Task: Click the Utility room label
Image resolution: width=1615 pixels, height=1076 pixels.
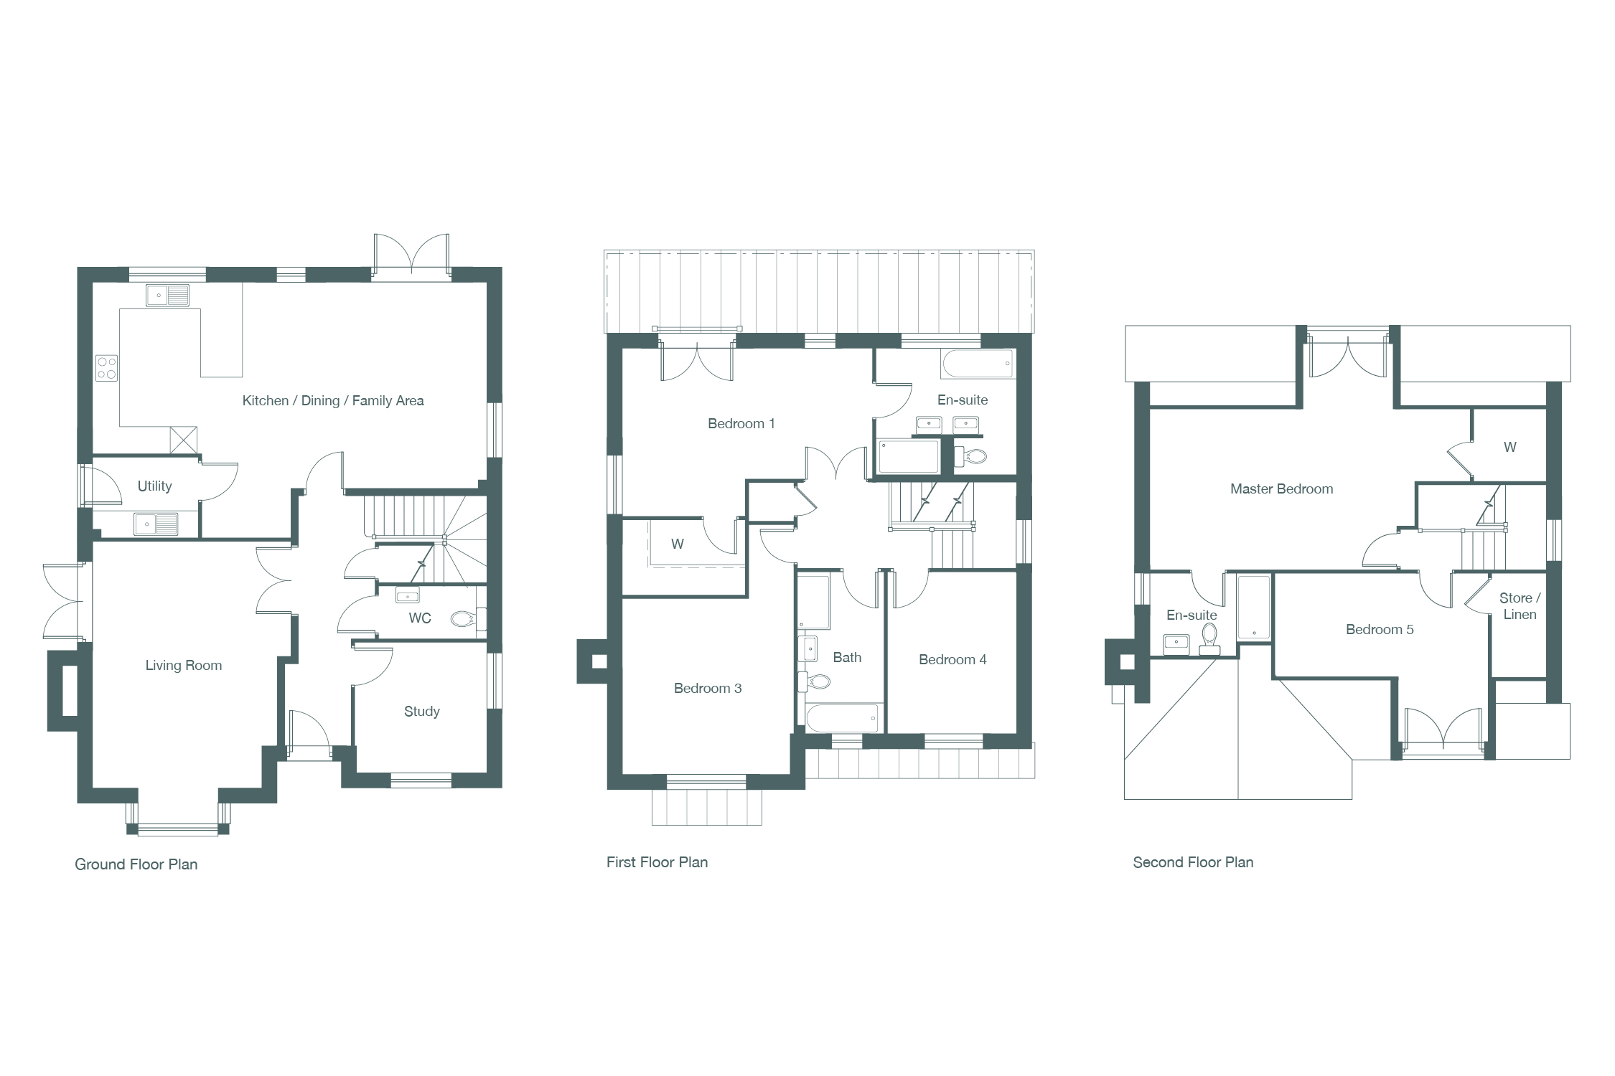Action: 154,486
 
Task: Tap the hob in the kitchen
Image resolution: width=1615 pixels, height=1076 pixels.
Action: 107,369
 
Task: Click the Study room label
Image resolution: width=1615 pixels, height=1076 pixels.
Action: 421,712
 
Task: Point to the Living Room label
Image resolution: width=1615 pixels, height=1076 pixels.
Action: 184,666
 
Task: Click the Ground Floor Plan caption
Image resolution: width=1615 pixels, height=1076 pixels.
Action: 136,864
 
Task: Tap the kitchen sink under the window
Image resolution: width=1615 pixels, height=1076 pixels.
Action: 168,296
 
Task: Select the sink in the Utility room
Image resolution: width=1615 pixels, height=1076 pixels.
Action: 156,524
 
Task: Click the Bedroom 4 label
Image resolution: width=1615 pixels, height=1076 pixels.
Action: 952,660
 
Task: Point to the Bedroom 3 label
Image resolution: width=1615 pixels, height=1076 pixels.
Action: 708,689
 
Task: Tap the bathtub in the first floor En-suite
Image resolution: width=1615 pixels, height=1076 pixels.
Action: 978,364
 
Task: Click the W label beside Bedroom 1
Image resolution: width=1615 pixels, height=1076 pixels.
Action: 678,544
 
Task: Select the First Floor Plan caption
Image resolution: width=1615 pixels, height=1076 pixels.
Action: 657,862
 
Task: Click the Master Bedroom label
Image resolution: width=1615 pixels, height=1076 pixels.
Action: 1281,489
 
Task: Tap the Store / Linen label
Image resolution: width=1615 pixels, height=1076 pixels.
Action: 1520,606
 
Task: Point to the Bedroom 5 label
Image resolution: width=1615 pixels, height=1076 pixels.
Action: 1380,630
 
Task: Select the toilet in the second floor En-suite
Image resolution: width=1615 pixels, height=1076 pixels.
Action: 1209,638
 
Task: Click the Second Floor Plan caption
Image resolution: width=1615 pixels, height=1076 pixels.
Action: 1193,862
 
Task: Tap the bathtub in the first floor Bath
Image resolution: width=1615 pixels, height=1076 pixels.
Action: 843,718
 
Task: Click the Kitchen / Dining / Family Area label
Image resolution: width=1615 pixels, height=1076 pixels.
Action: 333,401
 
